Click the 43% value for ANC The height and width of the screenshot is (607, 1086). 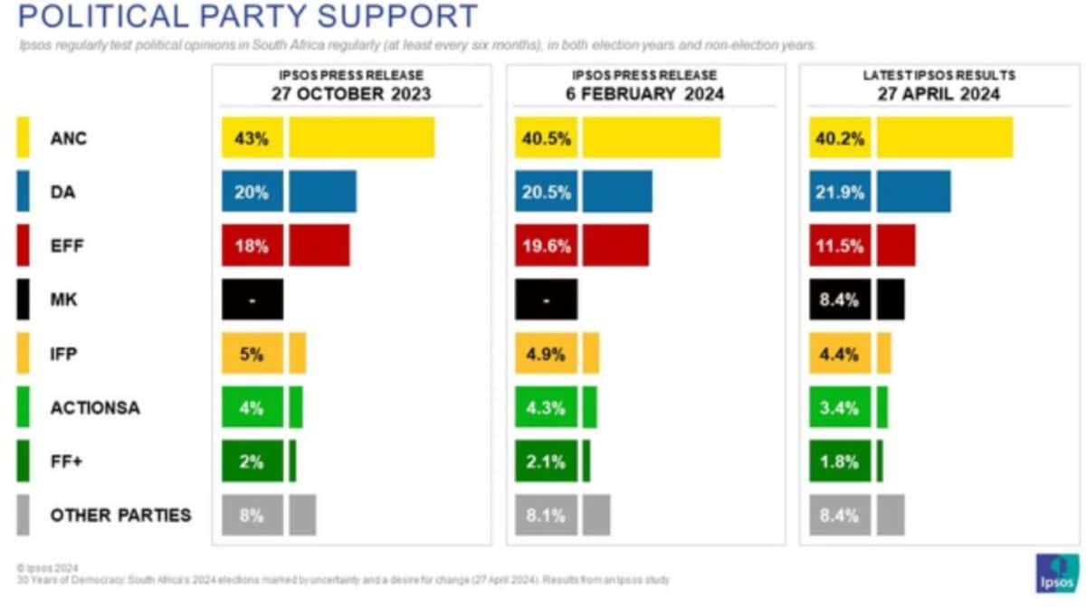pos(252,138)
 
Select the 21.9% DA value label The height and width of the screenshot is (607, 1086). pos(840,192)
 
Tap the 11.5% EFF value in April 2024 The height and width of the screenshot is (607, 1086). pos(840,246)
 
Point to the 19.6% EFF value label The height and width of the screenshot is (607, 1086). pos(546,246)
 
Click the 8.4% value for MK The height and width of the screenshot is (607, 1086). pos(840,299)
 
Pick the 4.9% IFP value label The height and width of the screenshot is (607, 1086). pos(546,354)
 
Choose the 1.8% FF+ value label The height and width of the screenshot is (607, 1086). pos(840,461)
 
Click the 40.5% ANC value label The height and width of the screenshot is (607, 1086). pos(546,138)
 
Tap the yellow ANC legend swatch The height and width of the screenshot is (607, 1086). pos(24,138)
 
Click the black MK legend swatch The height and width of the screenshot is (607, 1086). pos(24,299)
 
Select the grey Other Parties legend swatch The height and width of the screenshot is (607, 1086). pos(24,515)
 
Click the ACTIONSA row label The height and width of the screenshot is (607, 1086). pos(95,408)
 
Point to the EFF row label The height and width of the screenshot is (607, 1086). pos(69,246)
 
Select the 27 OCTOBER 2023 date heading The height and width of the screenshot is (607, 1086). pos(350,93)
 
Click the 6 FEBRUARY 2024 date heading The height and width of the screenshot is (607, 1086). pos(644,93)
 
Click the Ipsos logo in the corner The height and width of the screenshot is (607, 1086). pos(1054,572)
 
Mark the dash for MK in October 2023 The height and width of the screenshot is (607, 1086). pos(252,299)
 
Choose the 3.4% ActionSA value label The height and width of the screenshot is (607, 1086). pos(840,407)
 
